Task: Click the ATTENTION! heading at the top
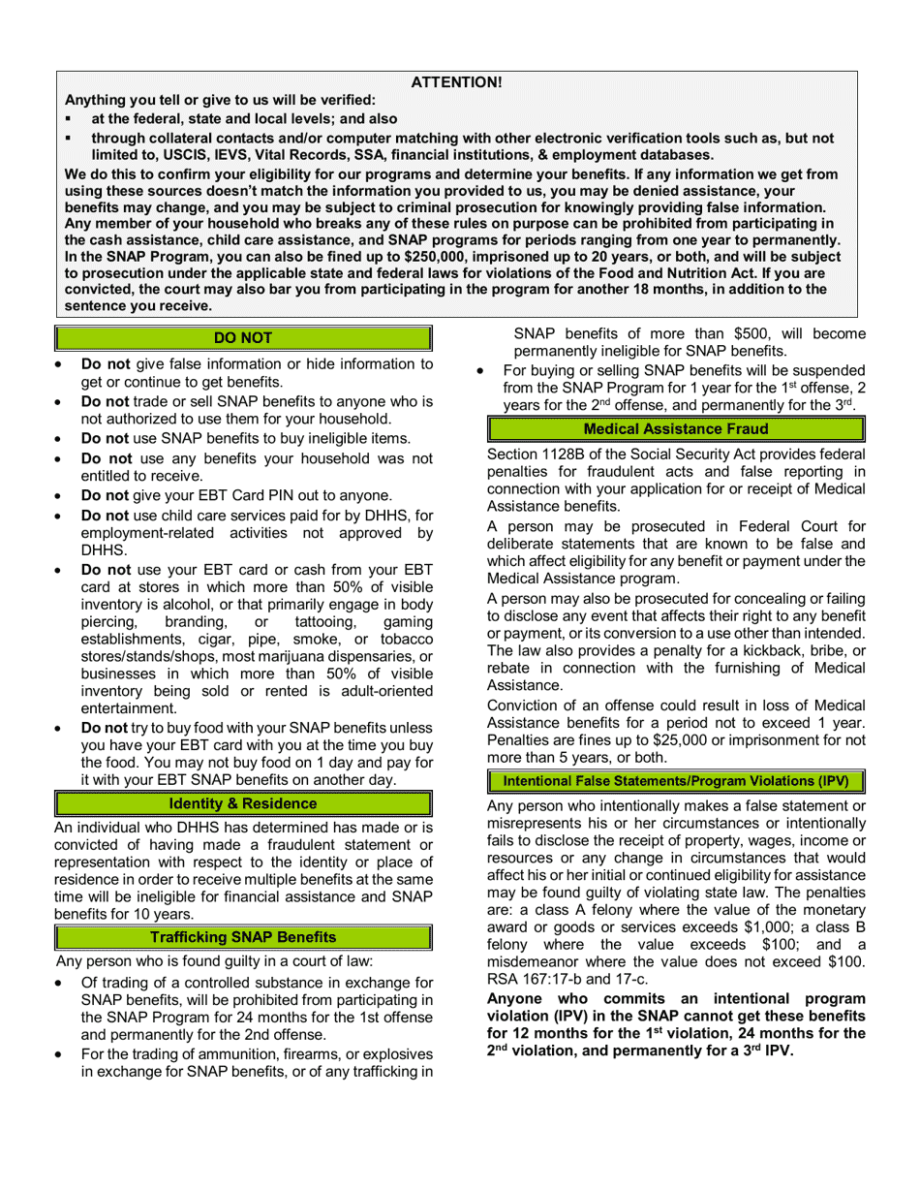point(457,82)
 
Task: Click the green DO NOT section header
point(243,338)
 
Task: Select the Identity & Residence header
point(243,803)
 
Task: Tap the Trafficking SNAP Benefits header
point(243,937)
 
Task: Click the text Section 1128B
point(533,454)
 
